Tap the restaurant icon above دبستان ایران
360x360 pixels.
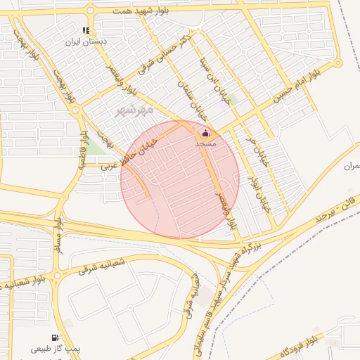click(86, 31)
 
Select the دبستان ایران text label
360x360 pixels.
click(86, 42)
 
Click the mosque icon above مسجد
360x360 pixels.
click(205, 134)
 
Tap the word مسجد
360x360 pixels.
click(205, 143)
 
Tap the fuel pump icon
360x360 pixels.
click(56, 337)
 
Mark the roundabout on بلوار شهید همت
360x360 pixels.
click(90, 10)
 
